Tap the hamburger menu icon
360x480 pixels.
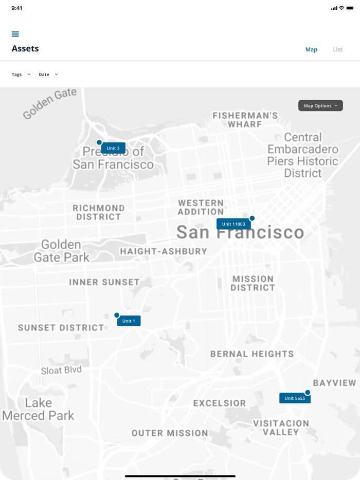(x=15, y=34)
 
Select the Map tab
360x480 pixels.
(x=311, y=49)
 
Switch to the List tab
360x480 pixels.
(x=337, y=49)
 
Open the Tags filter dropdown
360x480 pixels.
(x=21, y=75)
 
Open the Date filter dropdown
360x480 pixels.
(x=48, y=75)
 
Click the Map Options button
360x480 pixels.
(x=320, y=106)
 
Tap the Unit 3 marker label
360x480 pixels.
(x=113, y=148)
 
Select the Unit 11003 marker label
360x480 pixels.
(x=233, y=224)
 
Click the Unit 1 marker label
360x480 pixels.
(x=129, y=321)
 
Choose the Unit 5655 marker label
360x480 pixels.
(x=295, y=398)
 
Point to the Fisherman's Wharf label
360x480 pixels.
(x=245, y=120)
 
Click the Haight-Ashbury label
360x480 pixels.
(x=164, y=251)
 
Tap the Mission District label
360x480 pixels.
(x=253, y=283)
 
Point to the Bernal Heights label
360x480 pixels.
(x=252, y=354)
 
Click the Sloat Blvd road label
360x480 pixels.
(x=61, y=370)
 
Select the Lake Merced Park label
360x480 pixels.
(x=39, y=409)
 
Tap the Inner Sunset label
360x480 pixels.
(x=104, y=282)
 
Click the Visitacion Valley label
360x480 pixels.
(x=281, y=428)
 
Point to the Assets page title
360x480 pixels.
(x=25, y=49)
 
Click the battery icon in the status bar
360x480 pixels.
(x=350, y=8)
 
